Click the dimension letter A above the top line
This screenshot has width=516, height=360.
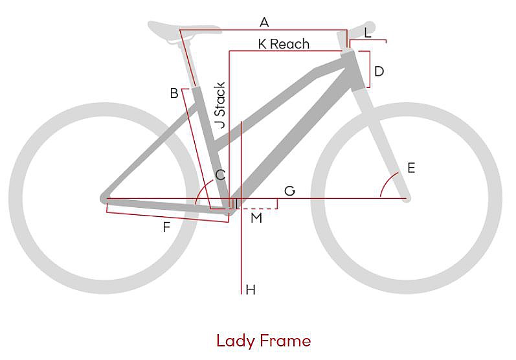click(x=264, y=23)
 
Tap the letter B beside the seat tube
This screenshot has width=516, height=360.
click(x=174, y=93)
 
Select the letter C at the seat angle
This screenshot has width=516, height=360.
click(x=220, y=175)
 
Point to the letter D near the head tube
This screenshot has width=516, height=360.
click(x=379, y=71)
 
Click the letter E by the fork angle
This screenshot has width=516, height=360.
click(x=411, y=168)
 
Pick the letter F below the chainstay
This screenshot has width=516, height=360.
click(x=166, y=227)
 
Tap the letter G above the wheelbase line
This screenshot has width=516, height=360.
click(x=289, y=191)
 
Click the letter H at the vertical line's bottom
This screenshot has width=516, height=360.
click(x=251, y=290)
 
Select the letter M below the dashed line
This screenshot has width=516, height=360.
click(x=256, y=218)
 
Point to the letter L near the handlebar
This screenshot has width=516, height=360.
click(x=368, y=33)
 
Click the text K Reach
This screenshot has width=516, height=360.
click(x=284, y=44)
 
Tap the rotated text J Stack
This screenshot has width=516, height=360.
click(x=220, y=106)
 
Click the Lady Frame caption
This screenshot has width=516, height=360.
click(x=264, y=341)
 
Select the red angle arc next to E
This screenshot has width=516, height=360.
click(x=388, y=184)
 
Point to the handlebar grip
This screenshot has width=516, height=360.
click(x=361, y=29)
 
